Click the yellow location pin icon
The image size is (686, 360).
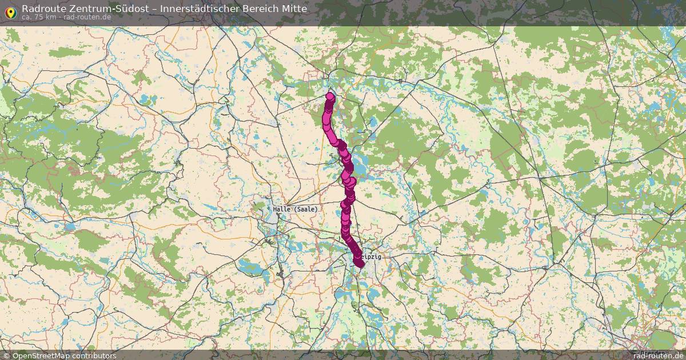coord(10,11)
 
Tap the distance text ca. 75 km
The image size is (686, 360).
coord(39,17)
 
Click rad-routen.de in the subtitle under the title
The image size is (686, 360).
coord(87,17)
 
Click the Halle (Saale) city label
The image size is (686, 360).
coord(295,209)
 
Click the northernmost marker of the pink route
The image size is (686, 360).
coord(330,96)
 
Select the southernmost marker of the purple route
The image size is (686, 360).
coord(359,263)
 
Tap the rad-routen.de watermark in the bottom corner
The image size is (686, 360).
coord(659,355)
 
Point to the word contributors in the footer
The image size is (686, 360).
coord(93,355)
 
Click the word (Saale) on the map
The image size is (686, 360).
coord(306,209)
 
